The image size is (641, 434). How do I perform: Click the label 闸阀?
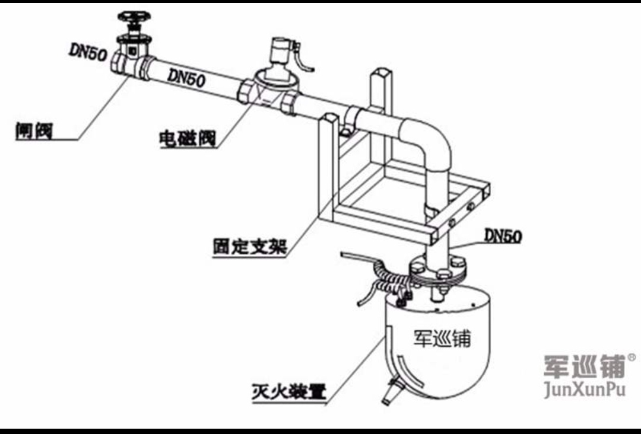point(34,130)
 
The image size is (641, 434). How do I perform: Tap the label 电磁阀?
point(186,139)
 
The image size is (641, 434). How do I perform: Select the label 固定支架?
point(249,245)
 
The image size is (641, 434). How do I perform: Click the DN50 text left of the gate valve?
point(87,52)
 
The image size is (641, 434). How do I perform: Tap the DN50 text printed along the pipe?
point(186,77)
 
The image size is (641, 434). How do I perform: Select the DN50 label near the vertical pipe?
point(503,236)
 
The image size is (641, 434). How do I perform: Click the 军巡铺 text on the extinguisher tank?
point(442,338)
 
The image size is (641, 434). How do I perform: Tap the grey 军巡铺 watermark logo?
point(584,366)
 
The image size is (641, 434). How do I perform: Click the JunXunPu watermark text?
point(585,390)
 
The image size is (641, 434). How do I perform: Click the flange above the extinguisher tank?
point(439,270)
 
